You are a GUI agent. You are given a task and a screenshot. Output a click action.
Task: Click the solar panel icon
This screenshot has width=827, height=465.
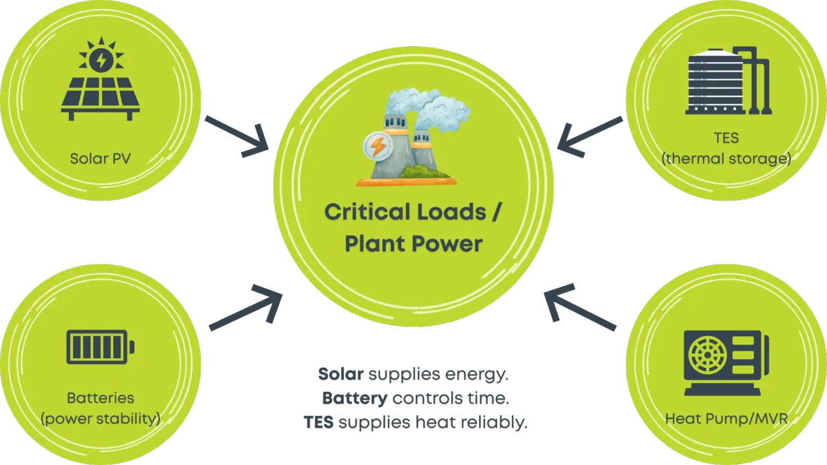pos(101,79)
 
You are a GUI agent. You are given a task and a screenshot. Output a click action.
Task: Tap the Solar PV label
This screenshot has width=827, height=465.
pos(101,158)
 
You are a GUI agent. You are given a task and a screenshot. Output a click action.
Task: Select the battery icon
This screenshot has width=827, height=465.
pos(101,346)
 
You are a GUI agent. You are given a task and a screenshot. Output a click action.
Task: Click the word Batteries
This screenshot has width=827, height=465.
pos(101,398)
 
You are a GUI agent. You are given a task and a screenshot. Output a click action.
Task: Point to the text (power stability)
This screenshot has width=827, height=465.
pos(101,418)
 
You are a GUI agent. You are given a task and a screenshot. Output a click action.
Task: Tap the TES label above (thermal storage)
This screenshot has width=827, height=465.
pos(726,138)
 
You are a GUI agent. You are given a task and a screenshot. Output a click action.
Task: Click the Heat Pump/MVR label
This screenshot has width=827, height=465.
pos(726,418)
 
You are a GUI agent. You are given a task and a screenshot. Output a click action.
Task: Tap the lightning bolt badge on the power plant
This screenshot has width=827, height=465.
pos(378,147)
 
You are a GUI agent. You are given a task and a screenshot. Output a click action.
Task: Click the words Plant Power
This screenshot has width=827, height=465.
pos(413,243)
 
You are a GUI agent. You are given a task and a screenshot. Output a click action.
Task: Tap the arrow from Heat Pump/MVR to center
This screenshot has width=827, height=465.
pos(579,309)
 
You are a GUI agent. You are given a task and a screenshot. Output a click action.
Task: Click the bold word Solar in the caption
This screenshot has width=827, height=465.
pos(340,375)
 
